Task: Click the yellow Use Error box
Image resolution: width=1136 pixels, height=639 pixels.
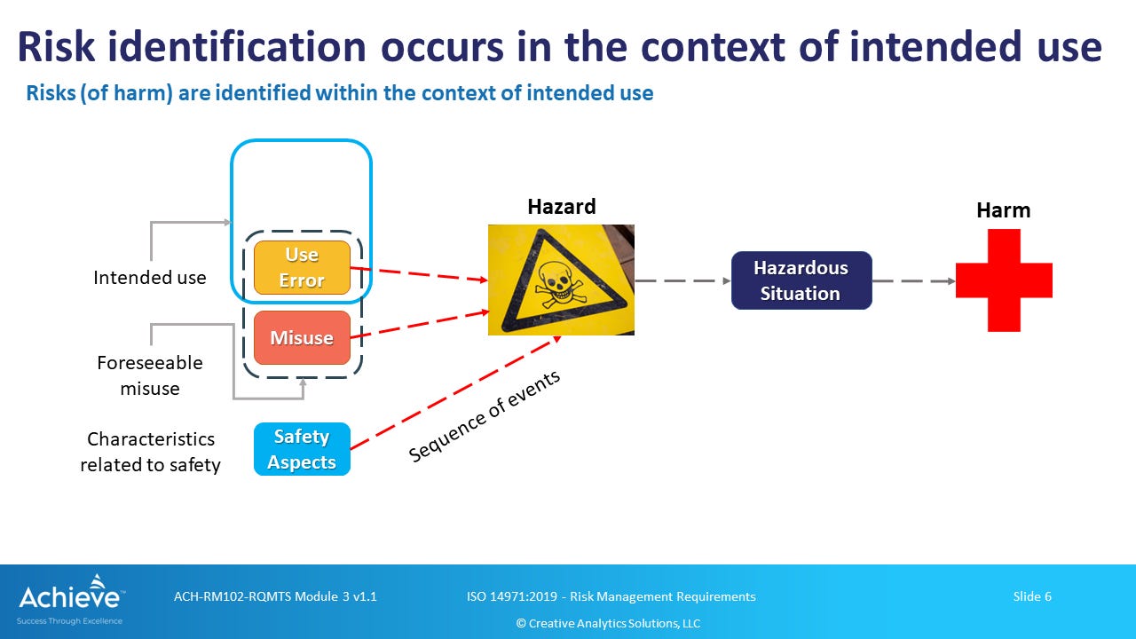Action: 302,267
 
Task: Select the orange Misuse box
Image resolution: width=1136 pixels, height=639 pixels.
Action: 302,337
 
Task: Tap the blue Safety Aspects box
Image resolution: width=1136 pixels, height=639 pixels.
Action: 302,449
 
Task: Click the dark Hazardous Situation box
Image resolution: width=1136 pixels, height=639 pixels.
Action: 801,280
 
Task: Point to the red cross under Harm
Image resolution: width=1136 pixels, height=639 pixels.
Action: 1004,280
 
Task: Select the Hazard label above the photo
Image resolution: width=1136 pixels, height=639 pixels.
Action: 561,207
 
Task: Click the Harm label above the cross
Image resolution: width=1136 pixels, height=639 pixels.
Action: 1003,210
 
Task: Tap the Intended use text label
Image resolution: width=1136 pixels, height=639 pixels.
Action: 149,278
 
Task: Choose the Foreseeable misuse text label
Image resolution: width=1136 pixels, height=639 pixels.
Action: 149,375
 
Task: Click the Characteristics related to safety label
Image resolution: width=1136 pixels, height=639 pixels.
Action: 150,452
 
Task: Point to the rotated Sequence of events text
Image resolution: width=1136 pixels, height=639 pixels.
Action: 485,415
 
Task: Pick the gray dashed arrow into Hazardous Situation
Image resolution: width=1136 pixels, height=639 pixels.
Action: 682,280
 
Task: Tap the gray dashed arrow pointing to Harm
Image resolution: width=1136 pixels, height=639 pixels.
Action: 912,281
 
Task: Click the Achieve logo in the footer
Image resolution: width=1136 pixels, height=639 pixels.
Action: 70,599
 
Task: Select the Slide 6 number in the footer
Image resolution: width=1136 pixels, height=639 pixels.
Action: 1031,596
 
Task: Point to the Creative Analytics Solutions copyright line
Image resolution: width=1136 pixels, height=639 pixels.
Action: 608,623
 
